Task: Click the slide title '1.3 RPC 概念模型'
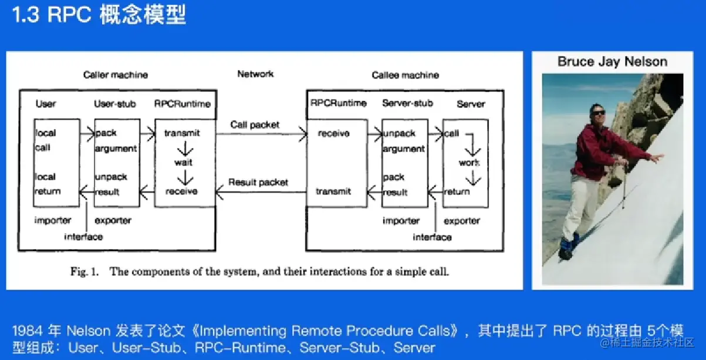tap(99, 15)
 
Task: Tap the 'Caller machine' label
tap(116, 75)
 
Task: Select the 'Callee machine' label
tap(405, 75)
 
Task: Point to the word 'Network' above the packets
tap(255, 74)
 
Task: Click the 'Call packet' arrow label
tap(255, 125)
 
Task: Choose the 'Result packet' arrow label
tap(258, 182)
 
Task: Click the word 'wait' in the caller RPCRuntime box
tap(183, 162)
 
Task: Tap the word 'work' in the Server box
tap(469, 163)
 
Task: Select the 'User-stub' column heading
tap(115, 104)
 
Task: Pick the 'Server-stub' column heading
tap(407, 103)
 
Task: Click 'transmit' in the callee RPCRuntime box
tap(333, 191)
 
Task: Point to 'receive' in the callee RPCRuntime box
tap(333, 133)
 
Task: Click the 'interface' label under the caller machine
tap(83, 237)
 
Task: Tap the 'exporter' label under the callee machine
tap(462, 221)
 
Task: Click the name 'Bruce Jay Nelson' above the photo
tap(612, 62)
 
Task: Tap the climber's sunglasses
tap(597, 113)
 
